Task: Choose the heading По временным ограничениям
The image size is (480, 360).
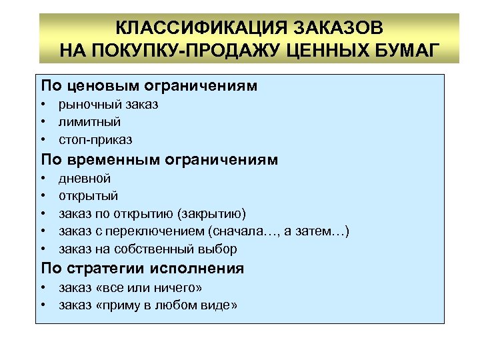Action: pos(159,160)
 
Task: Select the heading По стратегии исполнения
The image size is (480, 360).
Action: pos(143,269)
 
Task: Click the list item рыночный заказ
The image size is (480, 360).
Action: pos(108,105)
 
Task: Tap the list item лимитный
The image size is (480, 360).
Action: pos(89,122)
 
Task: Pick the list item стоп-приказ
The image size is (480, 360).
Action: pos(95,140)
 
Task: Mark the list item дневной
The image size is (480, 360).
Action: pos(85,179)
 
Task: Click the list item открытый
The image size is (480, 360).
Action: pos(88,196)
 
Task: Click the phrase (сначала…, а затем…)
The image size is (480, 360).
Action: pos(279,231)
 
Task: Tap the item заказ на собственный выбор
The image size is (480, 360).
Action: pos(147,249)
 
